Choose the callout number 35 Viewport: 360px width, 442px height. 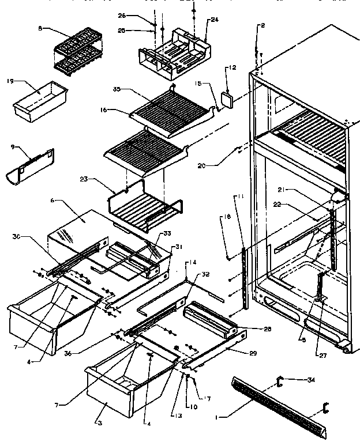pyautogui.click(x=117, y=90)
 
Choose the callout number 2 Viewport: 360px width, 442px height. pyautogui.click(x=262, y=25)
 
